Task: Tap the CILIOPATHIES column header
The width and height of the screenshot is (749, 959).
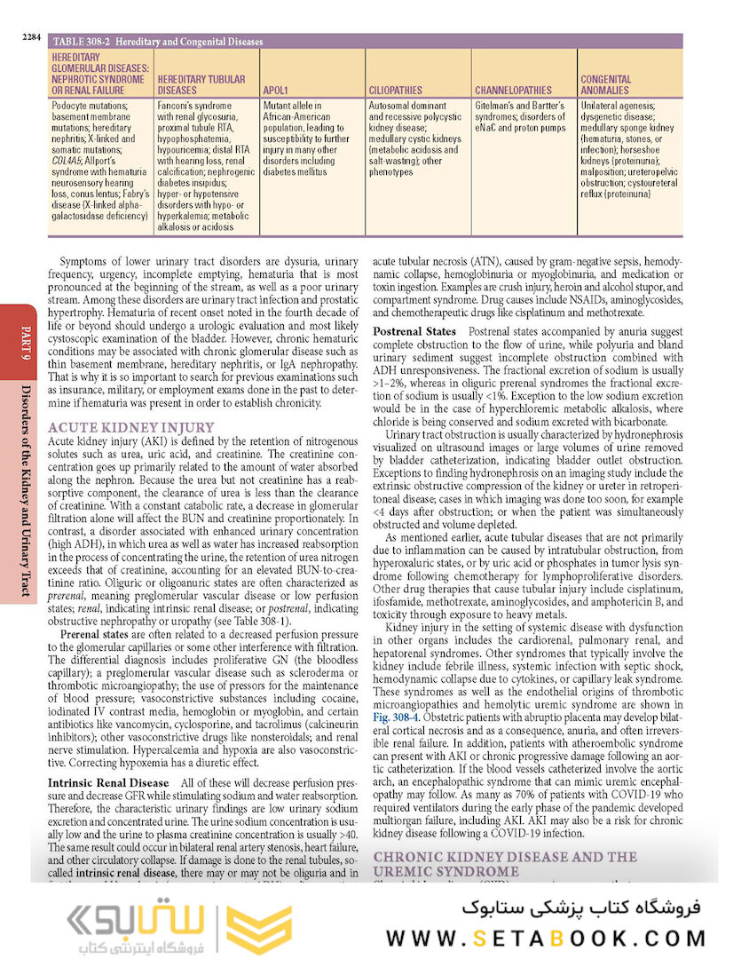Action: click(x=396, y=90)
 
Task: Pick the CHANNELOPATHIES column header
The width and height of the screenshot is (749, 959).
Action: click(x=513, y=90)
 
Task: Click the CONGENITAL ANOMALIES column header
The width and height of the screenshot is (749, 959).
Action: click(x=605, y=84)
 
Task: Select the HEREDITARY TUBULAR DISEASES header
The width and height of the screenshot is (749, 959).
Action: click(x=201, y=84)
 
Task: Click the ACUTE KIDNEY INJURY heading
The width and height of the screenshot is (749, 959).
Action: click(x=130, y=427)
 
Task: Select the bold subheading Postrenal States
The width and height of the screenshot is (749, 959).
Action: click(x=414, y=330)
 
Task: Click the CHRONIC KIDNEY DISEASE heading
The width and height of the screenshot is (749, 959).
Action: click(x=504, y=857)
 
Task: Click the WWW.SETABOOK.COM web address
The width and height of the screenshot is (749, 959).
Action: click(x=545, y=937)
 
